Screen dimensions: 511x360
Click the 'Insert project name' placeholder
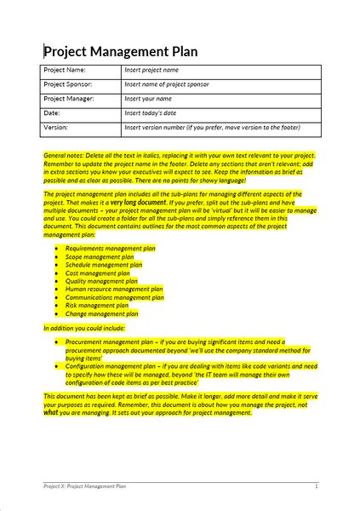(151, 71)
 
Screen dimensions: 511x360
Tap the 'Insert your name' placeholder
(148, 100)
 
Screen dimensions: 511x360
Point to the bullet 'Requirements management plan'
(111, 249)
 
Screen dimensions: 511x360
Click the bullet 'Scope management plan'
(100, 256)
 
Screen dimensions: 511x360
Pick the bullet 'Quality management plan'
(101, 281)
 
